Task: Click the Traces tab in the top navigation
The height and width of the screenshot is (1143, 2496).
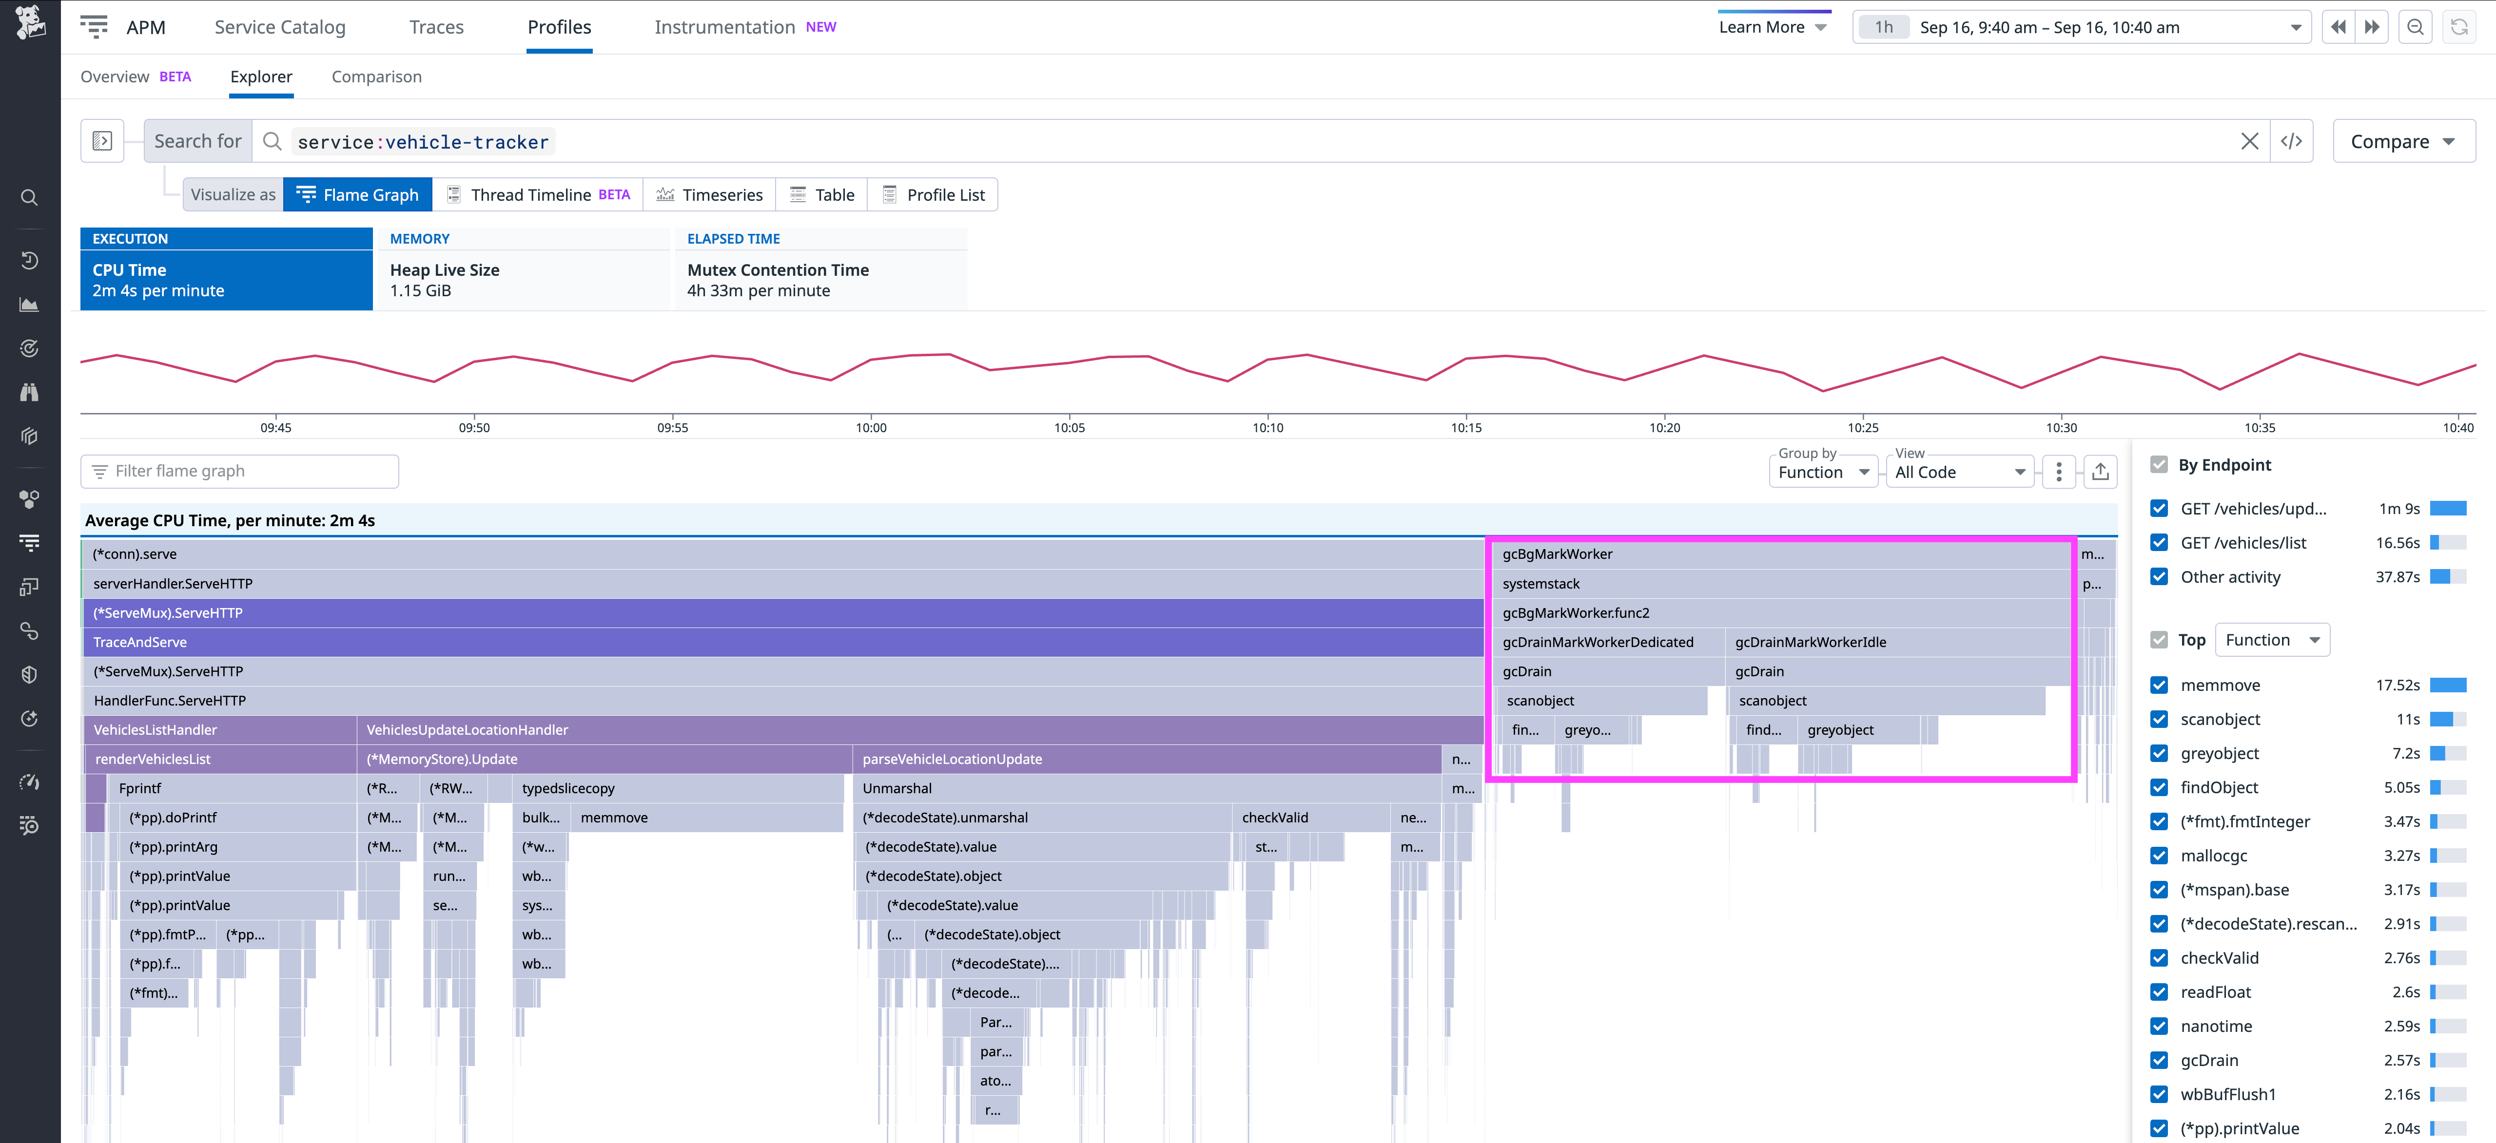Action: (436, 27)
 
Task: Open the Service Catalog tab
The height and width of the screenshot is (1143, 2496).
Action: (280, 27)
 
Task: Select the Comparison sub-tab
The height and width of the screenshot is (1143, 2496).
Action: (376, 76)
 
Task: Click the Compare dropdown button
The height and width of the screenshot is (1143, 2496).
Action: (2403, 141)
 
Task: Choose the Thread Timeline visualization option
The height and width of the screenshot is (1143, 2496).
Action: (538, 195)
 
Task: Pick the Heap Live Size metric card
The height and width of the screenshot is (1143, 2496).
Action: (523, 279)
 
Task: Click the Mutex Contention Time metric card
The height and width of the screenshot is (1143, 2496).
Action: (819, 279)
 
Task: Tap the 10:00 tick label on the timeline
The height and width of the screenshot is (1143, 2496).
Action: (870, 427)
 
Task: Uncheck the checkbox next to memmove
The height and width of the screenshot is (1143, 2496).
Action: (2159, 685)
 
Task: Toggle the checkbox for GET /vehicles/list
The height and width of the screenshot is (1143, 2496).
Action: (2159, 542)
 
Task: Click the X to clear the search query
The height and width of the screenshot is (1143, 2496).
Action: (2249, 141)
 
